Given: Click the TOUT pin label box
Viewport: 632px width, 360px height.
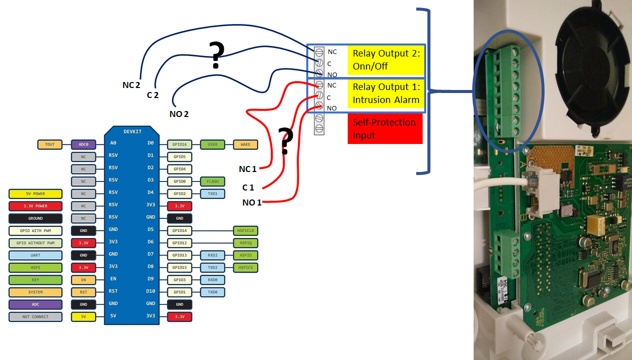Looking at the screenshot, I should click(x=50, y=144).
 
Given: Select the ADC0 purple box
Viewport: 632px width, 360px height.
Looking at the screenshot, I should click(x=83, y=144).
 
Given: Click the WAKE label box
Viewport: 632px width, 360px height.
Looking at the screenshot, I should click(x=245, y=144).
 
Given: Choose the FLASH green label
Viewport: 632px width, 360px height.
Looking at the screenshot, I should click(x=212, y=181).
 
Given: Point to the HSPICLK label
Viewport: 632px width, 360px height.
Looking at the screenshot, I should click(x=245, y=230).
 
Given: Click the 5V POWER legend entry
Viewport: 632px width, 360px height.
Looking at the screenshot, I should click(x=35, y=194).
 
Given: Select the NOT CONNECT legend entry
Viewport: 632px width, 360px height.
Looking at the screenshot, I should click(x=35, y=317).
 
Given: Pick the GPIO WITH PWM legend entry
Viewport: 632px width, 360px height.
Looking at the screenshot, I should click(x=35, y=231).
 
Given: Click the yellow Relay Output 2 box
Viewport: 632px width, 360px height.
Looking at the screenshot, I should click(x=387, y=60).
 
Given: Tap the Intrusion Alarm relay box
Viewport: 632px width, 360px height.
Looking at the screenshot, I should click(x=386, y=93).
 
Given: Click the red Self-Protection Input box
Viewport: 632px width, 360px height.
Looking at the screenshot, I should click(x=385, y=128).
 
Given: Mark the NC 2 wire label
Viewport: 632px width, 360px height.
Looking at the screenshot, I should click(x=131, y=84).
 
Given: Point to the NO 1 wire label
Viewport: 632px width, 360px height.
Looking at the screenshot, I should click(x=252, y=202).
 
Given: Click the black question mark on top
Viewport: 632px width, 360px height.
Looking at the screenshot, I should click(x=216, y=55).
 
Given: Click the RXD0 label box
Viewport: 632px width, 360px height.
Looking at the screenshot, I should click(x=212, y=280).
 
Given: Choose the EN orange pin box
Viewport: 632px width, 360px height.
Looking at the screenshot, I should click(x=83, y=280).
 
